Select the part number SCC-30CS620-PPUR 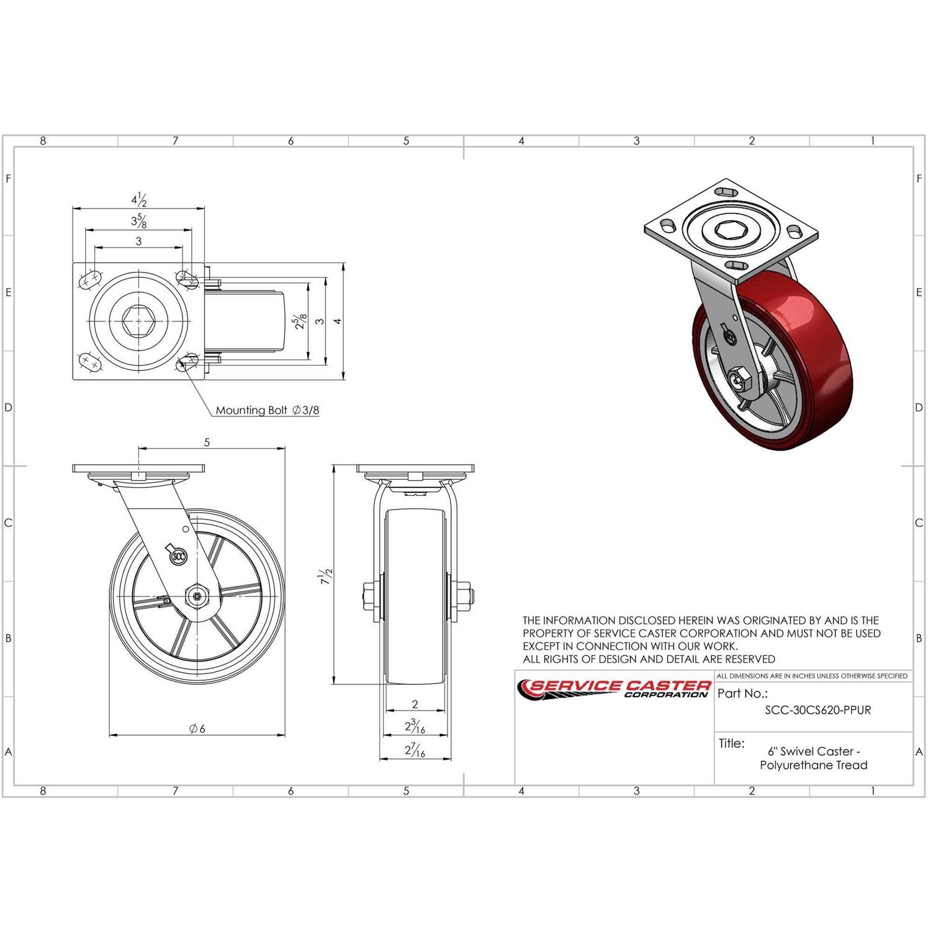pos(817,710)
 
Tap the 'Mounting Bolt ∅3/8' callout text pos(268,410)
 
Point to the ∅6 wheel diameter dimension pos(197,729)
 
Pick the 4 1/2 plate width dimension pos(138,200)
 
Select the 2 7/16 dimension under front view pos(415,750)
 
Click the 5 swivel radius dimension pos(207,443)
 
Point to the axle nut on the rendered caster pos(739,379)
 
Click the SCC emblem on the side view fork pos(178,555)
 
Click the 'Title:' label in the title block pos(732,744)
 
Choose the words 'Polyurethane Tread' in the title pos(813,765)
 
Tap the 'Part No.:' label pos(742,694)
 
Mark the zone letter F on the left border pos(8,179)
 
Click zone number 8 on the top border pos(43,141)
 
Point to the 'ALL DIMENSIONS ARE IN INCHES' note pos(812,676)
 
